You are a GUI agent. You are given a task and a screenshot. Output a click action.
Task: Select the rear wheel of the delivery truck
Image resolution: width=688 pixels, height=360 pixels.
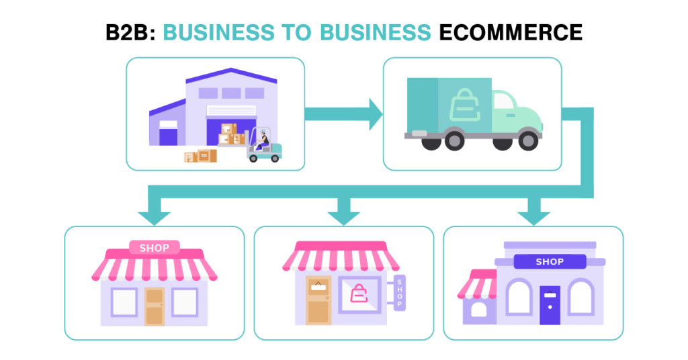tap(455, 142)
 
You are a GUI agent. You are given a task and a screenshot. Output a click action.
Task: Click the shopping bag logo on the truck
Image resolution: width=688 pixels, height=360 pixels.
tap(464, 104)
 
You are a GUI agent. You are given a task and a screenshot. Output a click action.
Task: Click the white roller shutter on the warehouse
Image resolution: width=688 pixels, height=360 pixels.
tap(231, 110)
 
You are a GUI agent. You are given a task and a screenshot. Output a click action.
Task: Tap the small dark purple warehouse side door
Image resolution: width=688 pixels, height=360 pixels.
tap(168, 144)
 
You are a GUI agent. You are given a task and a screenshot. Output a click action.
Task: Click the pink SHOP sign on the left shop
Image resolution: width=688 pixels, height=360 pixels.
tap(155, 248)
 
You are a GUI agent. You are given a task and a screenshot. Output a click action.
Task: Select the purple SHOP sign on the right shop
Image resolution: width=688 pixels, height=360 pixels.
tap(550, 262)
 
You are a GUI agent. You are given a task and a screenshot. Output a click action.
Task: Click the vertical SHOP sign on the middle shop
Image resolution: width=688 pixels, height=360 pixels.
tap(400, 294)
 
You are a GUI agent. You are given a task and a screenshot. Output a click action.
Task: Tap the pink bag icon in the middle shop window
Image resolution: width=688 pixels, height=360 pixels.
tap(359, 294)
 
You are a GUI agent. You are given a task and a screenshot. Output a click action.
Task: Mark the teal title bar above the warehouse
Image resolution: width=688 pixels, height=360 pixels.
tap(296, 33)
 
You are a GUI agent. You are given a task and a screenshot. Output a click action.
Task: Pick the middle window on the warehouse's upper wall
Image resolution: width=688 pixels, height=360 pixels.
tap(231, 93)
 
